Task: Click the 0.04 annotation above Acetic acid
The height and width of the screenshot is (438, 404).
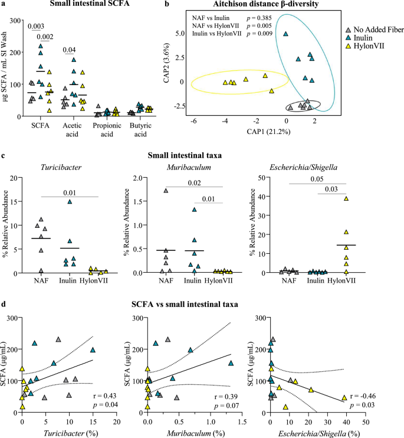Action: click(68, 50)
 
